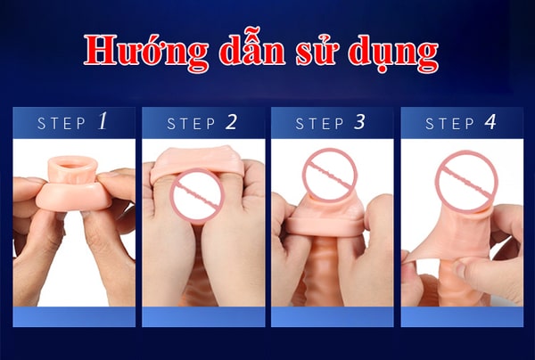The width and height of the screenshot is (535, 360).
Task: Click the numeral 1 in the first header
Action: [103, 121]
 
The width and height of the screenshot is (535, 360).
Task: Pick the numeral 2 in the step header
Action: [232, 122]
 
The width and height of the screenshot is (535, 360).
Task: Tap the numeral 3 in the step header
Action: [359, 122]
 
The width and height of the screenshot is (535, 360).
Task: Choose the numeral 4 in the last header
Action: [490, 122]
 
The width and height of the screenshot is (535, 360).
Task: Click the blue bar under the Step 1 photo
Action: [74, 316]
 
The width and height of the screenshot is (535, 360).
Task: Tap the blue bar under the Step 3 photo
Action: [332, 316]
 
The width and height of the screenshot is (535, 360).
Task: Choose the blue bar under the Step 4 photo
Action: [461, 316]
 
